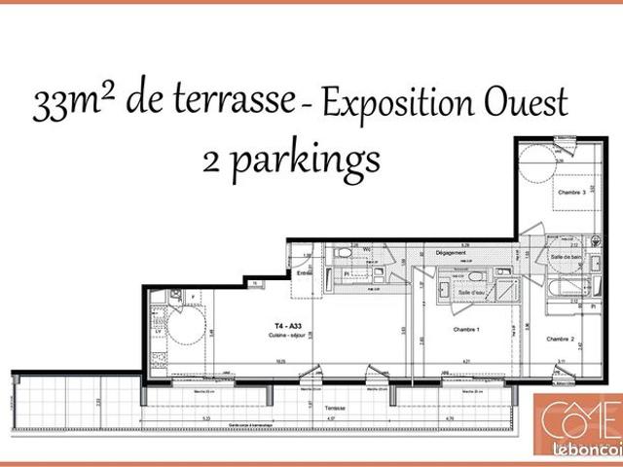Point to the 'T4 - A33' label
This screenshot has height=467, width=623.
(x=287, y=327)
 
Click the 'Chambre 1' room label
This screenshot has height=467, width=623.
(x=468, y=330)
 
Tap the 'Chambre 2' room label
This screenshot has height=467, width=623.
(x=561, y=339)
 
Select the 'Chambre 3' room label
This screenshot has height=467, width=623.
(x=571, y=193)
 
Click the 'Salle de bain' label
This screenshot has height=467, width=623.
(x=565, y=256)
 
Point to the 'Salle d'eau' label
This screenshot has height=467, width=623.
(x=471, y=293)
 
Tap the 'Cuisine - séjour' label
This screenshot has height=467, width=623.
(x=289, y=336)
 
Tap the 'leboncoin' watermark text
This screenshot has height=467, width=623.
(x=588, y=449)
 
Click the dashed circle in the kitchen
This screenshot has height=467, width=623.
(x=185, y=324)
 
